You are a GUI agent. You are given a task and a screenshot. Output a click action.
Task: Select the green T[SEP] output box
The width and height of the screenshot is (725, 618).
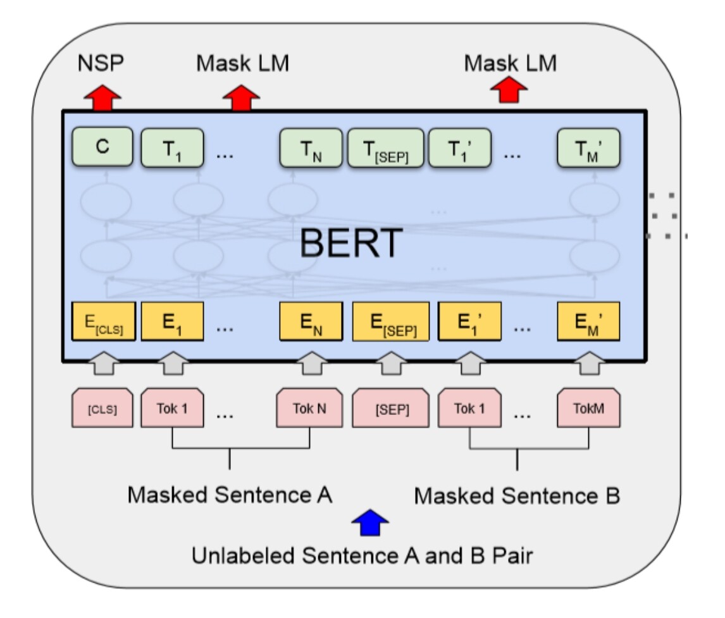pyautogui.click(x=385, y=148)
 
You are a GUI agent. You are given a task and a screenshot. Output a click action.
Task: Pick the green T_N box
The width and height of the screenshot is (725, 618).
pyautogui.click(x=311, y=148)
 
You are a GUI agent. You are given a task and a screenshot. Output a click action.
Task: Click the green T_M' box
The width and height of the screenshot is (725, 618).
pyautogui.click(x=588, y=148)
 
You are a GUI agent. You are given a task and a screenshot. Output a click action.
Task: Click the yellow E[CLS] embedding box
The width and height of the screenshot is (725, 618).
pyautogui.click(x=102, y=320)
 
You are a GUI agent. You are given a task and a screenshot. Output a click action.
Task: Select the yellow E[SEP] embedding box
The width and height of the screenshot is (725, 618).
pyautogui.click(x=390, y=320)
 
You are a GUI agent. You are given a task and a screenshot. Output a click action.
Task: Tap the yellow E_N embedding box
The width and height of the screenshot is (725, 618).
pyautogui.click(x=311, y=320)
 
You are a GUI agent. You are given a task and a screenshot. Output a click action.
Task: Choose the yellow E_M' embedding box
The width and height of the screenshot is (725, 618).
pyautogui.click(x=588, y=320)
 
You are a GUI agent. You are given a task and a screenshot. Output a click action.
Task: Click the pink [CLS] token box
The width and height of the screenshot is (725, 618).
pyautogui.click(x=102, y=409)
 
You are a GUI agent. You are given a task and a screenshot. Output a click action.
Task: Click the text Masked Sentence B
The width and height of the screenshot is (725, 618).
pyautogui.click(x=517, y=497)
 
